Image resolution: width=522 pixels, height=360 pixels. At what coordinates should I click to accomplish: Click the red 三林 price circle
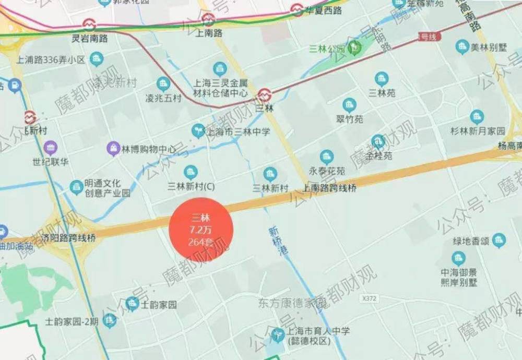200,229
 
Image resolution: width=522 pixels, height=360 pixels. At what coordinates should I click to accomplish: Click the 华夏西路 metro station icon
297,9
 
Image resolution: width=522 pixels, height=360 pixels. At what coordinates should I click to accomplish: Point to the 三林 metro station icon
265,94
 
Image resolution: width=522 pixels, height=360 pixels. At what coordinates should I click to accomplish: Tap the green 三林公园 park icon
355,49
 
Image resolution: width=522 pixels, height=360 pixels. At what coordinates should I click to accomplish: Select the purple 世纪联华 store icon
50,147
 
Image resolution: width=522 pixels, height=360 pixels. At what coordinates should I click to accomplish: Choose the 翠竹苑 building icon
349,105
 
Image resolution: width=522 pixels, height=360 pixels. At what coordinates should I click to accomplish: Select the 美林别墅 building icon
462,46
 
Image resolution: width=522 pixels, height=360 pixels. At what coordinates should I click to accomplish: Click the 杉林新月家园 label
478,130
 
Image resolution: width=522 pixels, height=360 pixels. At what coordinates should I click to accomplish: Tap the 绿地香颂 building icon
500,240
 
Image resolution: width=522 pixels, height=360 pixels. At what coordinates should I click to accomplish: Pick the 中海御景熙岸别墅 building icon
458,258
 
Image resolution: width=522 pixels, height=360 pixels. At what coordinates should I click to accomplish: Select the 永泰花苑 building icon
327,156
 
